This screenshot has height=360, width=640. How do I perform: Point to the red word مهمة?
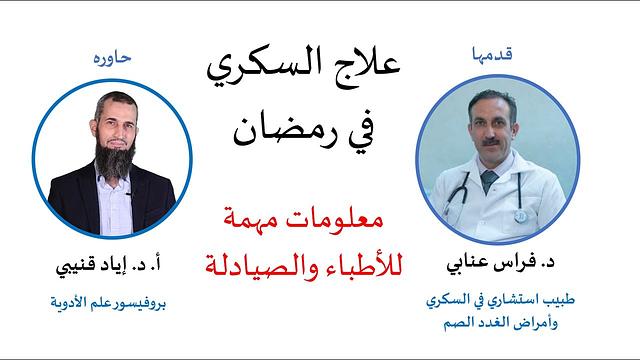(261, 219)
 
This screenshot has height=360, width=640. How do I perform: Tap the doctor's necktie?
(489, 185)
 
